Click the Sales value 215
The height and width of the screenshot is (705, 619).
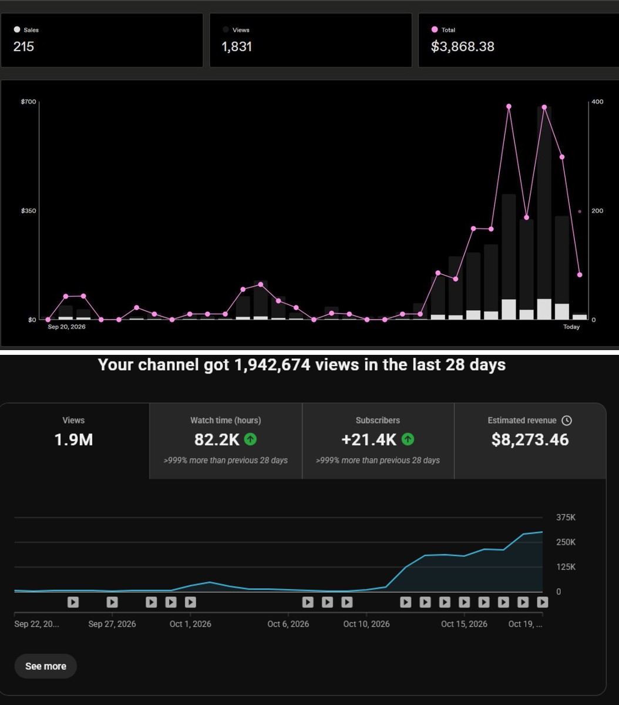(x=23, y=46)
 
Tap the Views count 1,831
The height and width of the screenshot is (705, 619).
(x=237, y=46)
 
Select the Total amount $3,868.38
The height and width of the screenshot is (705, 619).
(x=462, y=46)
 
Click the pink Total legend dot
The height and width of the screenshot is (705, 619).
(x=434, y=29)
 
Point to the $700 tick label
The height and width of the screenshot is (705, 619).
(x=28, y=102)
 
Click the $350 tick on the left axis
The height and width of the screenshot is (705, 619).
(x=28, y=210)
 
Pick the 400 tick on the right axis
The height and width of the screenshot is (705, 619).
(x=597, y=102)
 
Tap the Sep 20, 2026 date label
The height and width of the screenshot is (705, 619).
(x=66, y=327)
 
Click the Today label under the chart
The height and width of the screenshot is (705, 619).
(x=571, y=327)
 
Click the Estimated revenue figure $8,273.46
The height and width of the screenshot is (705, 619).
(x=530, y=439)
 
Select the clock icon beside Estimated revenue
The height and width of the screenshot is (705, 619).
(x=567, y=420)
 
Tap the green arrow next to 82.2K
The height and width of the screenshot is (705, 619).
(x=250, y=439)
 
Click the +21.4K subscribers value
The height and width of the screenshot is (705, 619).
(x=369, y=439)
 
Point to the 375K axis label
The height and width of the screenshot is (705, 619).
(x=566, y=518)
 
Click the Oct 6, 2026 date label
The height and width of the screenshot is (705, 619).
(x=288, y=624)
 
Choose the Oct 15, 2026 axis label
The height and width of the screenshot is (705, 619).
(x=464, y=624)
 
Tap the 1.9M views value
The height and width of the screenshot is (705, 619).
(x=73, y=439)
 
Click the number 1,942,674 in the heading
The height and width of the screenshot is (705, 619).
(x=272, y=365)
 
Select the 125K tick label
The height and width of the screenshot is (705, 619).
(x=566, y=567)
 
